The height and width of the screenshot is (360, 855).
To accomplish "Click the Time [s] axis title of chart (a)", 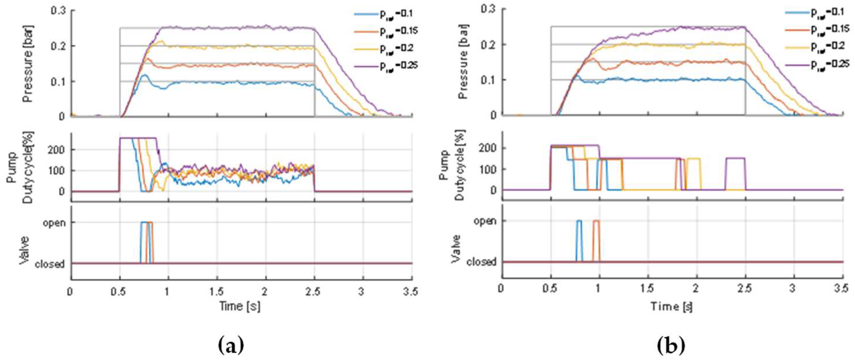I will (240, 306).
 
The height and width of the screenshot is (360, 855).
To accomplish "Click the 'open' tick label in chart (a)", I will (54, 223).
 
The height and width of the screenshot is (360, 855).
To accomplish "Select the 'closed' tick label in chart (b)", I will (481, 262).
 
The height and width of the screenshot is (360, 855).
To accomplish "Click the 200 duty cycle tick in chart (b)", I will (487, 148).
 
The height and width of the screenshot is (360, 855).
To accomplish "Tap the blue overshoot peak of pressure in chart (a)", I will (144, 76).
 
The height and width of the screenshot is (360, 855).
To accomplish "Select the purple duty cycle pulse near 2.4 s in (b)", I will (735, 159).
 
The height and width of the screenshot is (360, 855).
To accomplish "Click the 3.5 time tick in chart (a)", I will (411, 292).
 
